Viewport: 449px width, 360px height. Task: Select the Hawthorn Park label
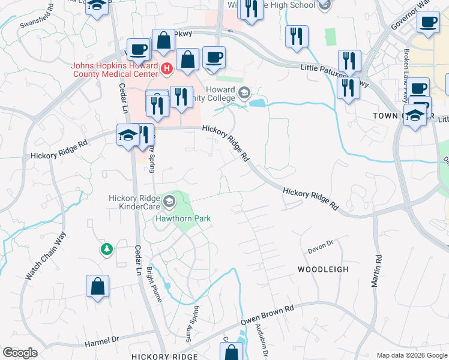pos(183,219)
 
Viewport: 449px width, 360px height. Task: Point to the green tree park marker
pos(107,248)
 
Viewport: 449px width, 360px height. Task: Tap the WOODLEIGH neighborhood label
pos(323,269)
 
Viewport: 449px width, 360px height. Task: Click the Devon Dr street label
pos(319,244)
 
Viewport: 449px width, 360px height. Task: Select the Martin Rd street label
pos(376,270)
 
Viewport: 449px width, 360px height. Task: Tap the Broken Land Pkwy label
pos(408,66)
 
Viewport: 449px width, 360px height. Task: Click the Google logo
pos(20,353)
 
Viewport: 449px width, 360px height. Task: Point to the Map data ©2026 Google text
pos(411,355)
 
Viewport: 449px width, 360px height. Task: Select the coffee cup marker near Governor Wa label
pos(428,22)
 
